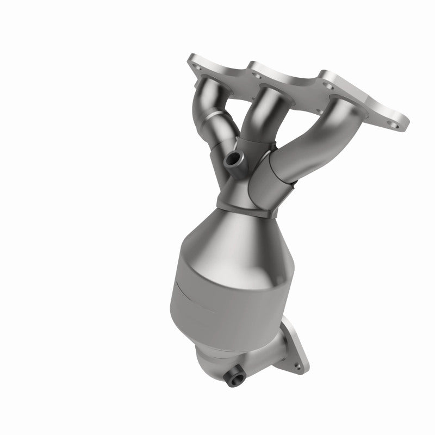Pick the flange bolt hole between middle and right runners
329,84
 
